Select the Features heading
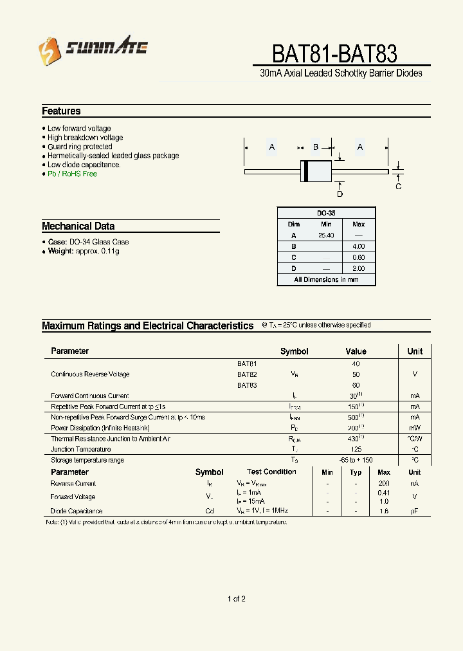coord(61,111)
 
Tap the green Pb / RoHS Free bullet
coord(72,174)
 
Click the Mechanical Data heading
coord(78,226)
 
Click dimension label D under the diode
coord(340,194)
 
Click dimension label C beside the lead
coord(398,187)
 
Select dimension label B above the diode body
coord(316,147)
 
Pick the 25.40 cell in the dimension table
coord(326,235)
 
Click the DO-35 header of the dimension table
coord(326,213)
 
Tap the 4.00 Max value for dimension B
coord(358,246)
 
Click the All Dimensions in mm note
coord(326,280)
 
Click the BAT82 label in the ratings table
coord(247,374)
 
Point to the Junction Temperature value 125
coord(356,449)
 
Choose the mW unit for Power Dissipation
coord(415,428)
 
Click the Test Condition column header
coord(271,472)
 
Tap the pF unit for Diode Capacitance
coord(415,511)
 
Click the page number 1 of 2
coord(236,599)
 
